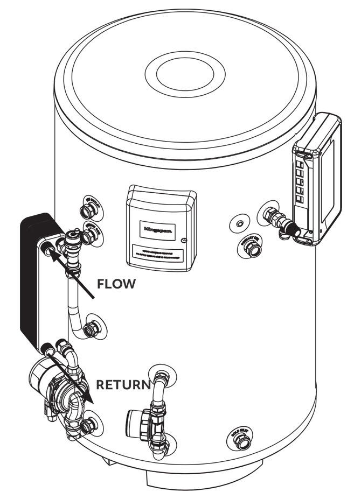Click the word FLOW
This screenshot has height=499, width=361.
coord(116,284)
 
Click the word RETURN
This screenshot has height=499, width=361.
coord(123,385)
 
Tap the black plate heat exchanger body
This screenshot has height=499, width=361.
coord(32,280)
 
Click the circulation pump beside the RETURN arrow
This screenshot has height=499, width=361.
coord(54,388)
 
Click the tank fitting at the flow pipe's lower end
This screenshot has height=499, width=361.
coord(94,328)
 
